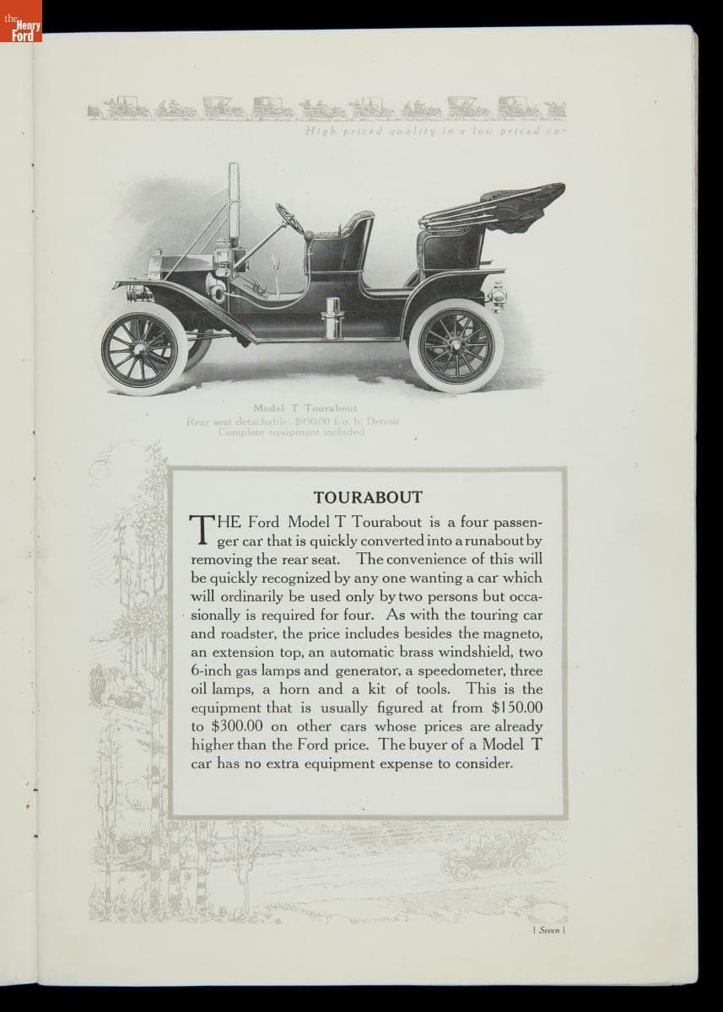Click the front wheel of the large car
pos(144,348)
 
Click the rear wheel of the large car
pos(451,346)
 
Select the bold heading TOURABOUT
pos(368,498)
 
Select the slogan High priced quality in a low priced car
pos(435,132)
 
